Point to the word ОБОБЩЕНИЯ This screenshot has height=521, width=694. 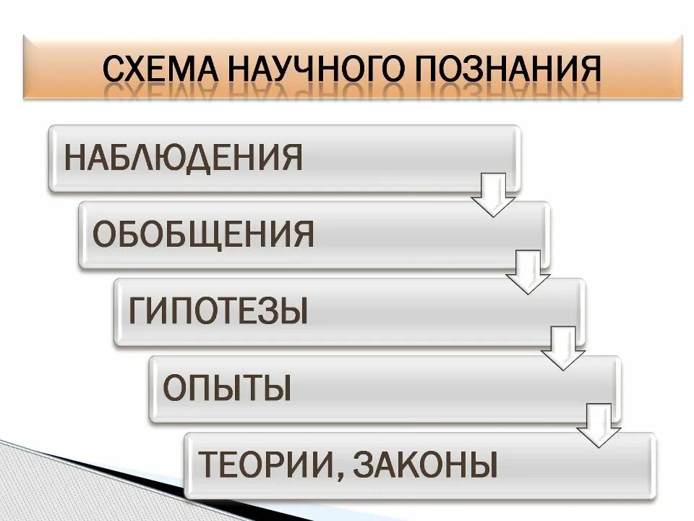pos(204,235)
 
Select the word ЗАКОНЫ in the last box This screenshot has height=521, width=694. pos(426,465)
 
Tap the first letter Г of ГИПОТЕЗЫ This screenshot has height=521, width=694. pos(137,311)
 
